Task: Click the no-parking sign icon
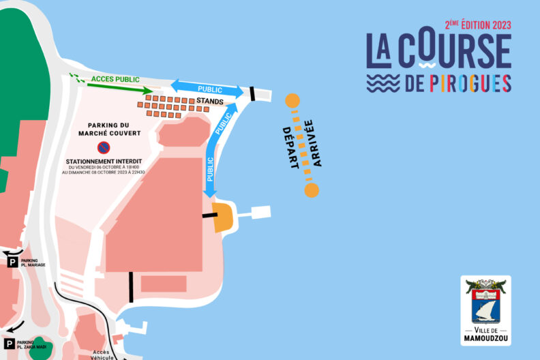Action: click(x=104, y=147)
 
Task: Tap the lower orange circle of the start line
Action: click(x=312, y=190)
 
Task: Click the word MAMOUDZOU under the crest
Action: click(x=485, y=338)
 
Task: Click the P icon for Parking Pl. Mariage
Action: click(x=11, y=261)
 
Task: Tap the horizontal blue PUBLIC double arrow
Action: click(x=207, y=89)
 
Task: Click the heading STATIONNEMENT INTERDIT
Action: click(x=104, y=162)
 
